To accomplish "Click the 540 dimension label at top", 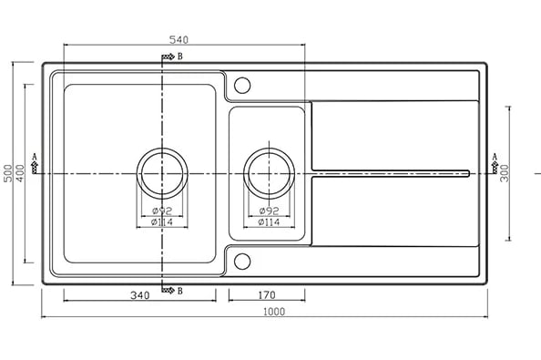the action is (179, 40).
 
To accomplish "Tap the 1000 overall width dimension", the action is (274, 312).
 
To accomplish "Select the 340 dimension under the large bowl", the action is (140, 295).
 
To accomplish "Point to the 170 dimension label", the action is (267, 295).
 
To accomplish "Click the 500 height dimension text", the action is (8, 173).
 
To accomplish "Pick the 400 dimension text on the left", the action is (20, 173).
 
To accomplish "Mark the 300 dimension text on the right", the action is (505, 173).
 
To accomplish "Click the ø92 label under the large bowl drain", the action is (162, 211).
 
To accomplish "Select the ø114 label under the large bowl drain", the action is (162, 222).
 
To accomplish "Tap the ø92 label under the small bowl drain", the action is (269, 211).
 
